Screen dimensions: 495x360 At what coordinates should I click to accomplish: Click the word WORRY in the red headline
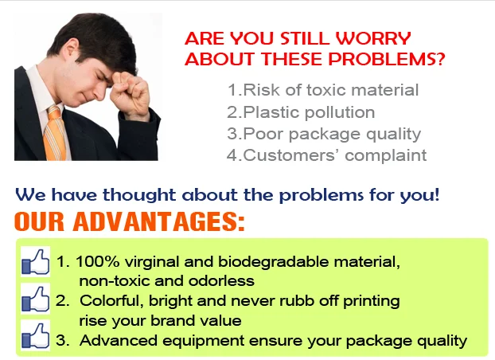tap(372, 38)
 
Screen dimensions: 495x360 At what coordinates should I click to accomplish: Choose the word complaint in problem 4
tap(385, 155)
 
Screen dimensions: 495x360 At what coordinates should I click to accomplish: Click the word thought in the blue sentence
tap(139, 194)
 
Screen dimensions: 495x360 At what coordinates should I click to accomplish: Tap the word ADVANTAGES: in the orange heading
tap(159, 221)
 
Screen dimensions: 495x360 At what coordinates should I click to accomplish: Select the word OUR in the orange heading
tap(39, 221)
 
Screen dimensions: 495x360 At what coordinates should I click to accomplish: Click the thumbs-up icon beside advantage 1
tap(35, 261)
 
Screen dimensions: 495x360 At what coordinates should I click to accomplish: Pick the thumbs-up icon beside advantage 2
tap(35, 299)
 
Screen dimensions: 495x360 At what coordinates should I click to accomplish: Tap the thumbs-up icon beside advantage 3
tap(35, 335)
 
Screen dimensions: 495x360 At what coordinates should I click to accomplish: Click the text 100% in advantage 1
tap(98, 262)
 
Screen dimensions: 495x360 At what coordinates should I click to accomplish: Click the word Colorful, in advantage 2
tap(111, 300)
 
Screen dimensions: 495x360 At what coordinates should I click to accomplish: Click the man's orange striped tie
tap(55, 133)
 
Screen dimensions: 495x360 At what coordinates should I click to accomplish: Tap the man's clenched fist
tap(130, 92)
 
